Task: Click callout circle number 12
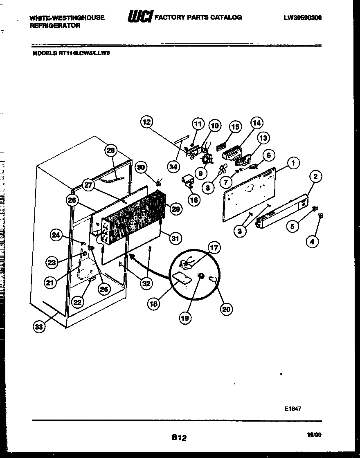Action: [146, 122]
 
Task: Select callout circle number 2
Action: [315, 177]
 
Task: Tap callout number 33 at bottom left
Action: [38, 326]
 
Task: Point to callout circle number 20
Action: [226, 309]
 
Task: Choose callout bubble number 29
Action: [175, 209]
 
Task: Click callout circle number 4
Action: [312, 242]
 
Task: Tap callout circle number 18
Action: [155, 304]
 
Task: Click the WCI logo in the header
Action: [140, 17]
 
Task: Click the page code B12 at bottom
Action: [179, 438]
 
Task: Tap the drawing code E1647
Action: [292, 408]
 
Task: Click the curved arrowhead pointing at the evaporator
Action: [132, 256]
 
